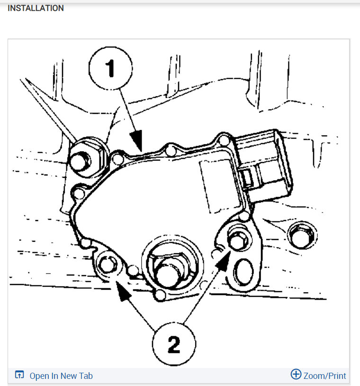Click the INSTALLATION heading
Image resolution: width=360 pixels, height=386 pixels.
36,8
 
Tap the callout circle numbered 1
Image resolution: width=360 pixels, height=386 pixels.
111,68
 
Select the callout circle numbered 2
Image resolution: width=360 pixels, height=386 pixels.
174,344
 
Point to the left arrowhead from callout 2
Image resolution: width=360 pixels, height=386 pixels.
123,291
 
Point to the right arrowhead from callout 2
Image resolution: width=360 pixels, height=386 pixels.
223,261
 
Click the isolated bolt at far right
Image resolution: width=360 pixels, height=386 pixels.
302,236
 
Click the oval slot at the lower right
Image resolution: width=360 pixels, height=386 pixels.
243,272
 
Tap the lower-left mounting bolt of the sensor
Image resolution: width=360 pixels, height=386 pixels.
108,265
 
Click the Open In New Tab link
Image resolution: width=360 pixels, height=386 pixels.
61,376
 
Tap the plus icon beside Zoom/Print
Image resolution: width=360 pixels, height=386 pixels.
296,374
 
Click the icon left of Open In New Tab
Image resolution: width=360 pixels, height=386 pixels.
19,375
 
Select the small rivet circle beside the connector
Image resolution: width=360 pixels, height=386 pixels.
224,140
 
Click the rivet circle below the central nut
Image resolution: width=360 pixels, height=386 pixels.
160,294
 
